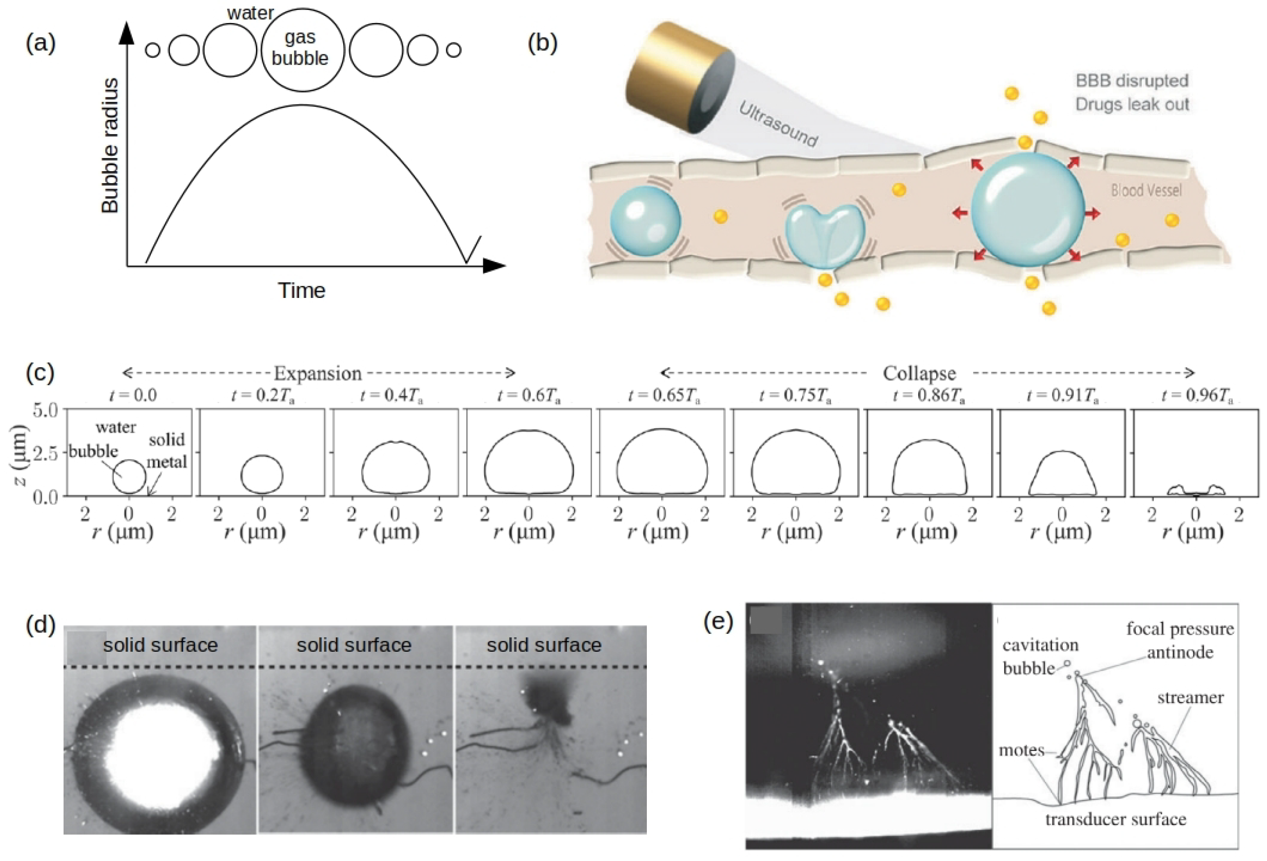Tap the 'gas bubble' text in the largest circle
click(301, 48)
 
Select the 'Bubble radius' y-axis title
click(110, 146)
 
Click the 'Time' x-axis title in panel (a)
click(302, 290)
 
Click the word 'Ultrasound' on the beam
click(778, 125)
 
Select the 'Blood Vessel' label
click(1146, 190)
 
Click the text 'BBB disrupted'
click(1132, 81)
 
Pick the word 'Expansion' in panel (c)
click(318, 374)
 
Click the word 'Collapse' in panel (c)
click(919, 374)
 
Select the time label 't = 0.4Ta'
click(391, 395)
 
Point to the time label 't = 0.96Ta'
click(1197, 395)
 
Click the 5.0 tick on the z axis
click(45, 410)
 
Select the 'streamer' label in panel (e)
click(1190, 697)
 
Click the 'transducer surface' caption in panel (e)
click(1116, 819)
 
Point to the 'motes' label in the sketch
click(1021, 750)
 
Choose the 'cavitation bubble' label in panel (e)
click(1039, 657)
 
